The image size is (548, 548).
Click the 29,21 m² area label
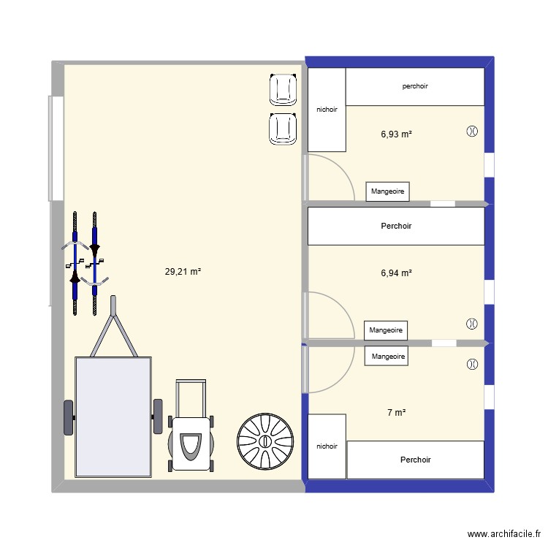(x=183, y=271)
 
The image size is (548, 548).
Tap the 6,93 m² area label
(x=396, y=134)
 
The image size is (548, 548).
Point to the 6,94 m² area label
(x=396, y=273)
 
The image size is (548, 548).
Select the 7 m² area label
(x=396, y=413)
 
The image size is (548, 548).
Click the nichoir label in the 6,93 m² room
(x=327, y=110)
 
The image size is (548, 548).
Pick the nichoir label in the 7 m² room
(x=327, y=446)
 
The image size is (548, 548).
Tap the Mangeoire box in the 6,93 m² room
(x=387, y=191)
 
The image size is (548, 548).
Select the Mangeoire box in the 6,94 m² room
(x=386, y=330)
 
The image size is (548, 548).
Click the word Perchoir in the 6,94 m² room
(x=396, y=226)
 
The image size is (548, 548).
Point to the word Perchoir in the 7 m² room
(x=415, y=460)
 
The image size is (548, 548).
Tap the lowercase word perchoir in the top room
(x=415, y=86)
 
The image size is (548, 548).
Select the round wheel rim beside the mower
(x=265, y=441)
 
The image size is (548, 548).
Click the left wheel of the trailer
(x=69, y=417)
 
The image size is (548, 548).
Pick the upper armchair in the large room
(x=283, y=90)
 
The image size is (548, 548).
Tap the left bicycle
(x=75, y=263)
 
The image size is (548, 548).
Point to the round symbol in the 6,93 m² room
(x=471, y=132)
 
